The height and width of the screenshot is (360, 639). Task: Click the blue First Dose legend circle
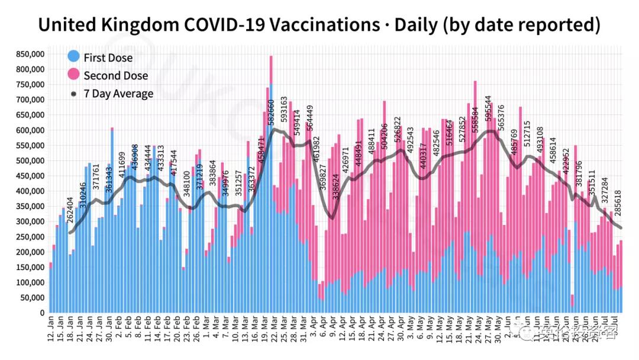click(73, 57)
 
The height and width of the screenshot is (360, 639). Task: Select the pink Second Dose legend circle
click(73, 75)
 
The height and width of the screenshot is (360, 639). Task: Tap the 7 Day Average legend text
click(118, 94)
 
